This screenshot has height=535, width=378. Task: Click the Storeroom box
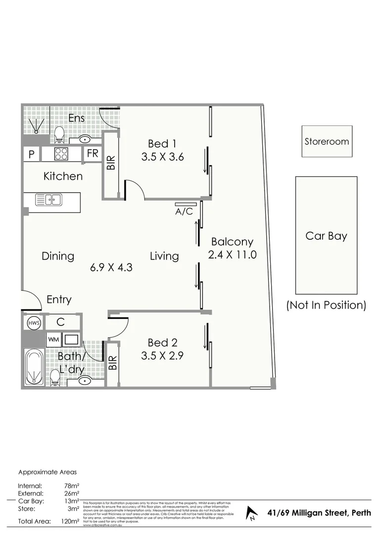tap(327, 141)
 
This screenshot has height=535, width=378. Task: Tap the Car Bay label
tap(326, 236)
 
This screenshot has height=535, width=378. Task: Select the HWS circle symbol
tap(33, 323)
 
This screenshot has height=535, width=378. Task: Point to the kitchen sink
tap(48, 200)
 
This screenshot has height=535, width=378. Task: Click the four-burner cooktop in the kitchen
tap(61, 154)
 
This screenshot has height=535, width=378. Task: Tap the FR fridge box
tap(93, 154)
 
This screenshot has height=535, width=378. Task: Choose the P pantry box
tap(32, 155)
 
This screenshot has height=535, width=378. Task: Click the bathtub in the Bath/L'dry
tap(33, 369)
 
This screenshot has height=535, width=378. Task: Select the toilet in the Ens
tap(59, 133)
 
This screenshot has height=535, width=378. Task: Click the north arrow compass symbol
tap(252, 513)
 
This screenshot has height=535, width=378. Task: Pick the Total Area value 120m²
tap(72, 521)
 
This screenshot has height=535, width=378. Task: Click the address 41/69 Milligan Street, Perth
tap(319, 513)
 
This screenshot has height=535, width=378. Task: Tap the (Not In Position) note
tap(326, 305)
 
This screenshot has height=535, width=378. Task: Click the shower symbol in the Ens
tap(36, 124)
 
